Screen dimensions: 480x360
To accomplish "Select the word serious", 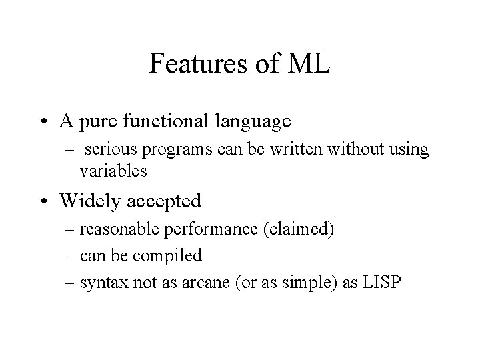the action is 109,150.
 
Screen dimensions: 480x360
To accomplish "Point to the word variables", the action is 113,171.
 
